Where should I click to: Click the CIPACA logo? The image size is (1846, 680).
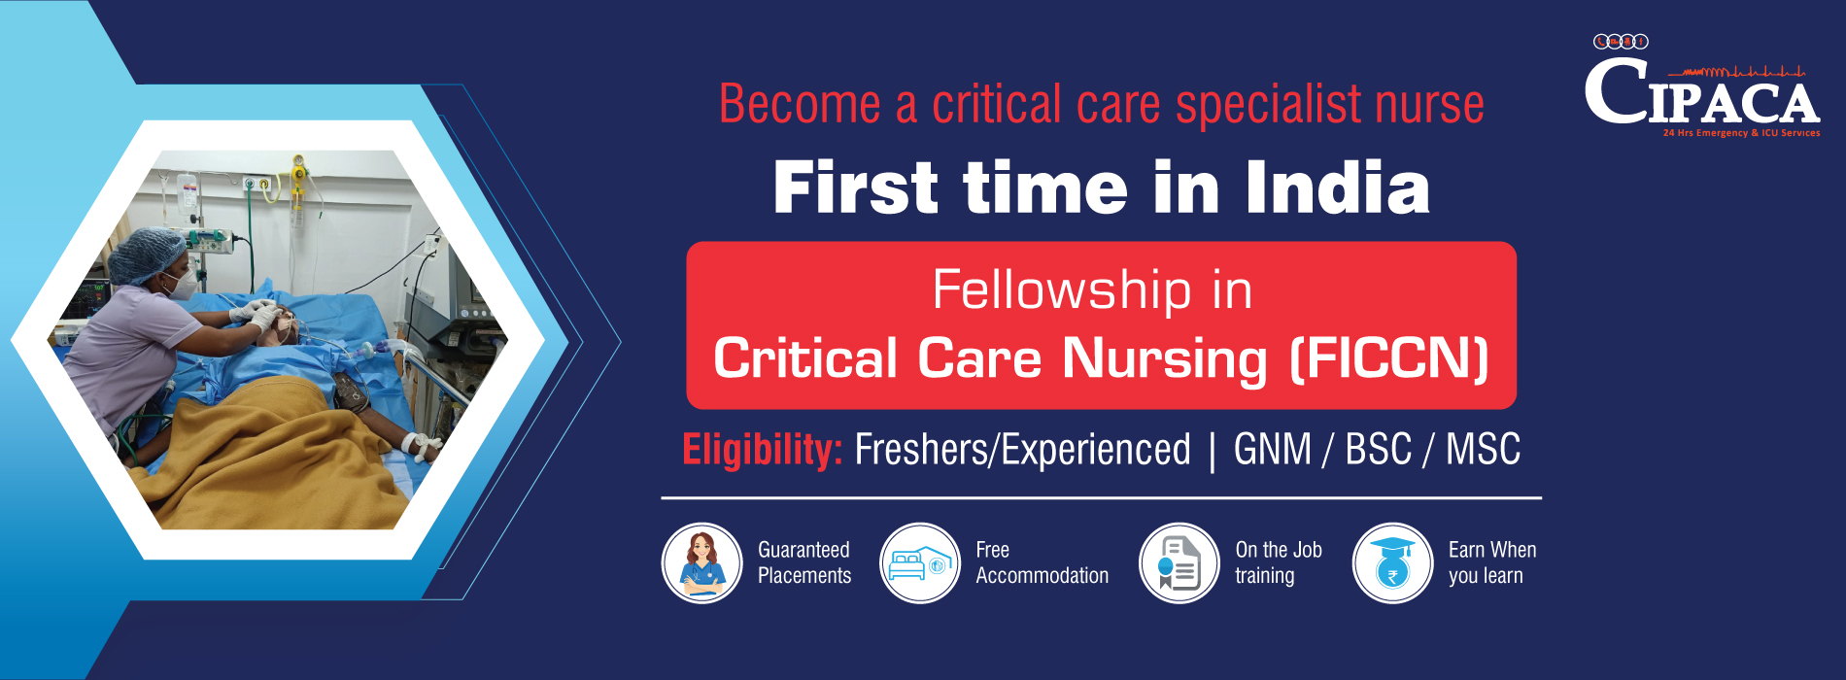pos(1702,86)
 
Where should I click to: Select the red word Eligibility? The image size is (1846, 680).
pos(763,450)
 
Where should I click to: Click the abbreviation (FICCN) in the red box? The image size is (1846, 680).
pos(1389,357)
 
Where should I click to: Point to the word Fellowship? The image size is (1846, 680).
pos(1062,289)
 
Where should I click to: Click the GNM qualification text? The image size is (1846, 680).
pos(1273,449)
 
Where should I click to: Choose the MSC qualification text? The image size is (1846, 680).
pos(1483,449)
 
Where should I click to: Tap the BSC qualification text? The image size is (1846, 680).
pos(1378,449)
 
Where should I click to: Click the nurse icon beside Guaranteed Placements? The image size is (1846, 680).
pos(701,563)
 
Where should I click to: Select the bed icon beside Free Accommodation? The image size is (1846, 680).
pos(920,563)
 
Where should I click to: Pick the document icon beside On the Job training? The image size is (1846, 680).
pos(1179,563)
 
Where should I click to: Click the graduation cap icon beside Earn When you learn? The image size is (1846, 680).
pos(1392,563)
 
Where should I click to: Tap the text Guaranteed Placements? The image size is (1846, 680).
pos(804,562)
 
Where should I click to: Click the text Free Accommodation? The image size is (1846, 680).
pos(1042,562)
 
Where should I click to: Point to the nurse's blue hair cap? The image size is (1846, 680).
pos(146,253)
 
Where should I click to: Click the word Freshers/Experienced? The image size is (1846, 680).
pos(1022,450)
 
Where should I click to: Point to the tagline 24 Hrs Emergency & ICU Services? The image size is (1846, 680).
pos(1741,133)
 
